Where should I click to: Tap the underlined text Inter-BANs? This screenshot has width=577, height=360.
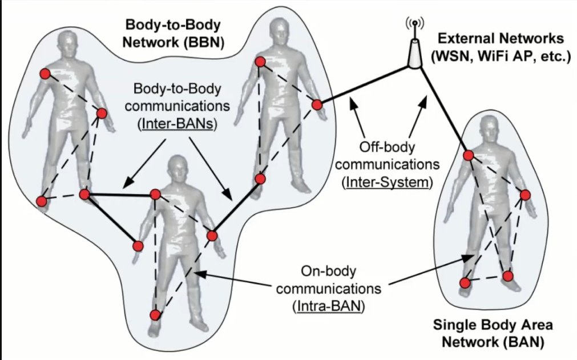[x=177, y=124]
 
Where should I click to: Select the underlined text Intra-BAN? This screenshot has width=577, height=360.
[x=329, y=306]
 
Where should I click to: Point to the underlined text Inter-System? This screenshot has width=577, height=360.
[x=387, y=182]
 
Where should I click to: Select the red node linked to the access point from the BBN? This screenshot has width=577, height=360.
[x=317, y=105]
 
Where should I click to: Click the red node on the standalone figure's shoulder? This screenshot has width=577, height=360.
[x=468, y=156]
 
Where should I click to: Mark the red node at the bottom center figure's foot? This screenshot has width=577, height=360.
[x=155, y=315]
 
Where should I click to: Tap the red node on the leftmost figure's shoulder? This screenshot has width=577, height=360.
[x=45, y=74]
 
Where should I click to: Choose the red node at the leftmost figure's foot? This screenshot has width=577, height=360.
[x=42, y=201]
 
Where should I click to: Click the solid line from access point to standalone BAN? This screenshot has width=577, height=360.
[x=443, y=111]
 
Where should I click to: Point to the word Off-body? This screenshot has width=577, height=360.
[x=387, y=147]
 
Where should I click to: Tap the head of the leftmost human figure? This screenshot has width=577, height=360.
[x=68, y=43]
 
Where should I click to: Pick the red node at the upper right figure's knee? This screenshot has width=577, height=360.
[x=260, y=179]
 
